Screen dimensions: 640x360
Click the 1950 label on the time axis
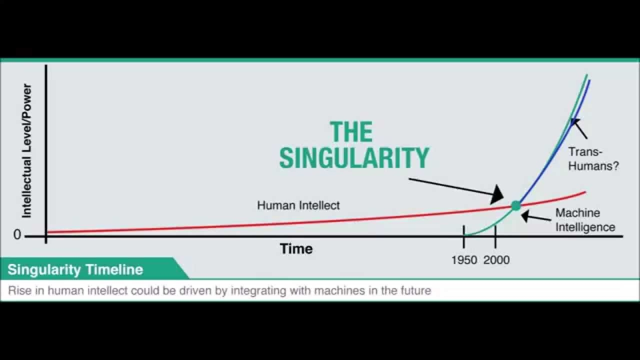(x=464, y=260)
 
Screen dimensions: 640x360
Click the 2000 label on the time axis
(x=496, y=260)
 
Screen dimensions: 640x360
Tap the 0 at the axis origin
(x=17, y=234)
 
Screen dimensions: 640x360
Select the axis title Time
(x=296, y=248)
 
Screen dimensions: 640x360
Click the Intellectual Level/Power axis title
(x=26, y=151)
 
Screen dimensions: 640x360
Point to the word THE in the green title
(x=351, y=131)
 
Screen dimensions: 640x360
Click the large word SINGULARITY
(x=354, y=157)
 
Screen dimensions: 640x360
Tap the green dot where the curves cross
(x=516, y=205)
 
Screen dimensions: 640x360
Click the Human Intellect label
(x=298, y=205)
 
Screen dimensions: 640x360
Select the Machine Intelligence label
(x=585, y=220)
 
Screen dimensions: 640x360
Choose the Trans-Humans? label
(x=593, y=159)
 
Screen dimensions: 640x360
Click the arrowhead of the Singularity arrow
(x=497, y=194)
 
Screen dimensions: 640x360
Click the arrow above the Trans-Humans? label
(x=579, y=129)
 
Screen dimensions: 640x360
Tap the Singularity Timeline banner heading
(x=75, y=269)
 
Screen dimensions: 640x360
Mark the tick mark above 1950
(x=463, y=236)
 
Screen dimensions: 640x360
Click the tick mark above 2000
(x=495, y=236)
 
